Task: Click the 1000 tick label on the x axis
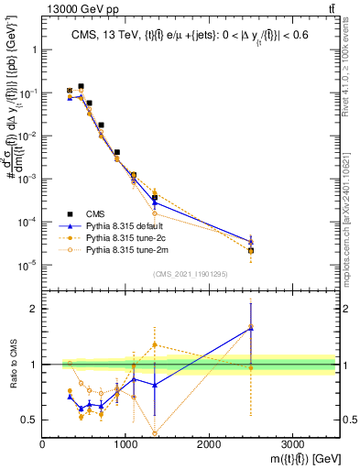pos(125,442)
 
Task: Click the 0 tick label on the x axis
pos(43,442)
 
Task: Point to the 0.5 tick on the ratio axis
pos(27,420)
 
